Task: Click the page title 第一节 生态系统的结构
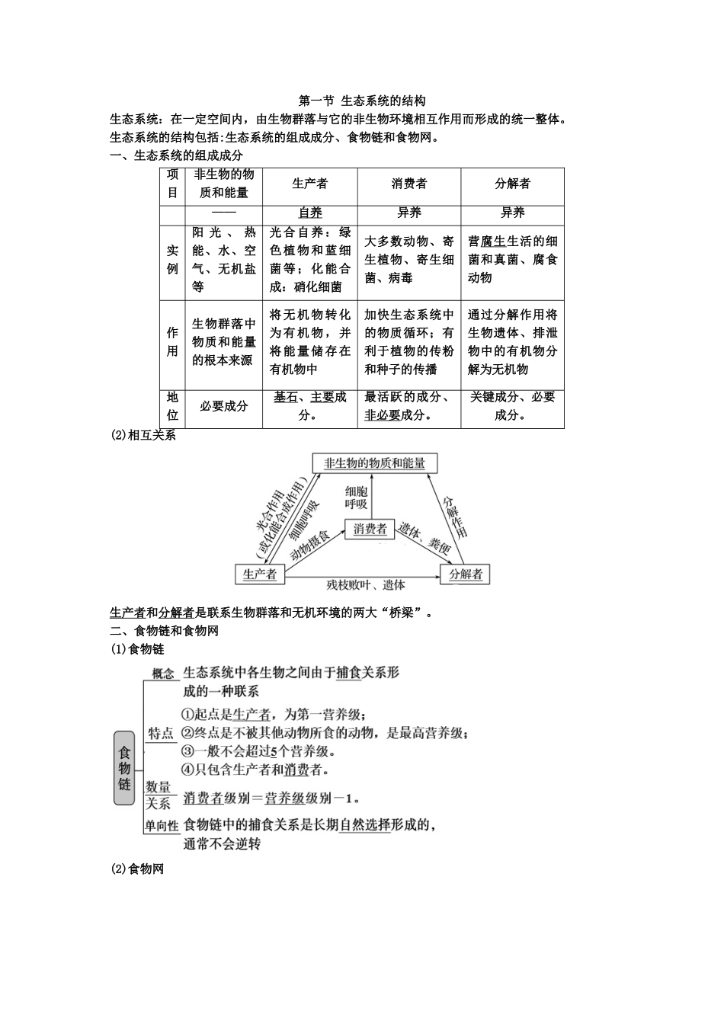pos(362,101)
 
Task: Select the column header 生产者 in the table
pos(310,184)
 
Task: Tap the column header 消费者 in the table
pos(409,184)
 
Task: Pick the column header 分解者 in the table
pos(512,184)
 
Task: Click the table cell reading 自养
pos(310,213)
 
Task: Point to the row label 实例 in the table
pos(173,260)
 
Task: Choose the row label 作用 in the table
pos(173,342)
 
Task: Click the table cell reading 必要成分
pos(224,407)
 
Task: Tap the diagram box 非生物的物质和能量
pos(374,463)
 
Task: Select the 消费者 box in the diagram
pos(370,529)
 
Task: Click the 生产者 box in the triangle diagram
pos(260,574)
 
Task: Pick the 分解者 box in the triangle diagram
pos(465,574)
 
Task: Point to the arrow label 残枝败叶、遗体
pos(366,585)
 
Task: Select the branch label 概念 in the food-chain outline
pos(163,674)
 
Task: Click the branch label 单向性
pos(162,825)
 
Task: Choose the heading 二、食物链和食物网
pos(165,631)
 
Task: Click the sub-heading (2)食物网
pos(137,869)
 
